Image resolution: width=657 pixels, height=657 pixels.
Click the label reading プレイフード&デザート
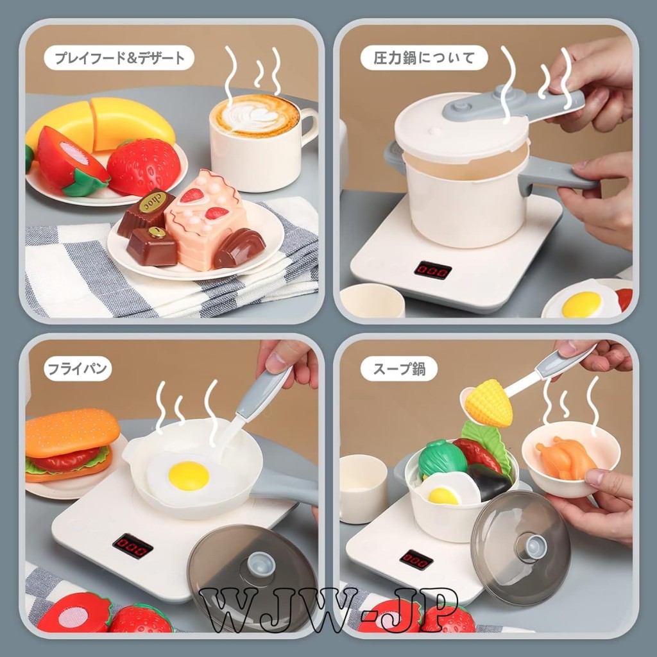[119, 58]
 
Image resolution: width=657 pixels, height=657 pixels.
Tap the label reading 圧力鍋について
[424, 58]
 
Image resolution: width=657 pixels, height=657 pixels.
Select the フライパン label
[78, 369]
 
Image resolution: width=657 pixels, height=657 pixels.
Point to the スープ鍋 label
[399, 369]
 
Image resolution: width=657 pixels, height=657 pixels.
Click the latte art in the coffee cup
[255, 115]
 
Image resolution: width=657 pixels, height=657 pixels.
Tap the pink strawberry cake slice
[205, 219]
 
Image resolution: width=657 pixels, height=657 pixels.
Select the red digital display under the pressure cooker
[433, 270]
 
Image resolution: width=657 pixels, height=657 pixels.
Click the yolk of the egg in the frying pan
[189, 476]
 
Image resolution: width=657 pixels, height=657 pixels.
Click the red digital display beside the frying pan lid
[132, 545]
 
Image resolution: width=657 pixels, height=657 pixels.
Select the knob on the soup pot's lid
[531, 546]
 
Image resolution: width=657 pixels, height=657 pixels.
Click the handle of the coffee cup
[309, 126]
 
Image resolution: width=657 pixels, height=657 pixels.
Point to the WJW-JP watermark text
[328, 610]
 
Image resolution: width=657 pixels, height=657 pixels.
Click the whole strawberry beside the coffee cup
[144, 166]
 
